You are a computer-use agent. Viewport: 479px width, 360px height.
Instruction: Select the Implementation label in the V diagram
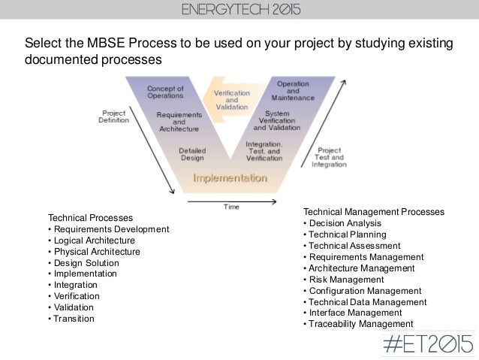pos(230,179)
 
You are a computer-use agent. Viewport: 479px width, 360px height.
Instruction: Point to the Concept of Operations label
pos(167,92)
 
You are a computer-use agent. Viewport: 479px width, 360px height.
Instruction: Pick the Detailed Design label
pos(191,155)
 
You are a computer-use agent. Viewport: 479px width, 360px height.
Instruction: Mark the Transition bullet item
pos(71,319)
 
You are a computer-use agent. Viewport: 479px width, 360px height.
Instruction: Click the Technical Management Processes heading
pos(373,212)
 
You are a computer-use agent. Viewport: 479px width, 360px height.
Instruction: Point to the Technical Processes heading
pos(90,218)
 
